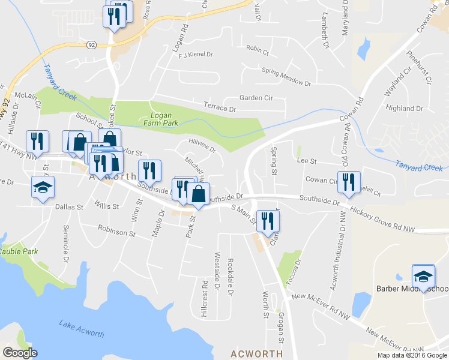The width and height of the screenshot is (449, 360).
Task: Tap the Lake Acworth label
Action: (x=82, y=329)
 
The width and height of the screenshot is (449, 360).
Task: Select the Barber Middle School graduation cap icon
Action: (x=423, y=276)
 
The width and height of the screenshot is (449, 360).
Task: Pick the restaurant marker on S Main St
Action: (x=268, y=221)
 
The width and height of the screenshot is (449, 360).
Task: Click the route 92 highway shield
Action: (x=91, y=44)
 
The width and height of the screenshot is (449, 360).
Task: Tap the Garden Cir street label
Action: (x=256, y=98)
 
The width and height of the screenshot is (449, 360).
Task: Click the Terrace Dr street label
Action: (x=219, y=108)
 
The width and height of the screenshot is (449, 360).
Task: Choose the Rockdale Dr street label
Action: (x=230, y=277)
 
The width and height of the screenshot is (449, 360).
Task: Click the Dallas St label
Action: (x=68, y=206)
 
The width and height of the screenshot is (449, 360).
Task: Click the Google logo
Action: (x=19, y=353)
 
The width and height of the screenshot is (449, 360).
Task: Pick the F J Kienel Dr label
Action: (x=196, y=55)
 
